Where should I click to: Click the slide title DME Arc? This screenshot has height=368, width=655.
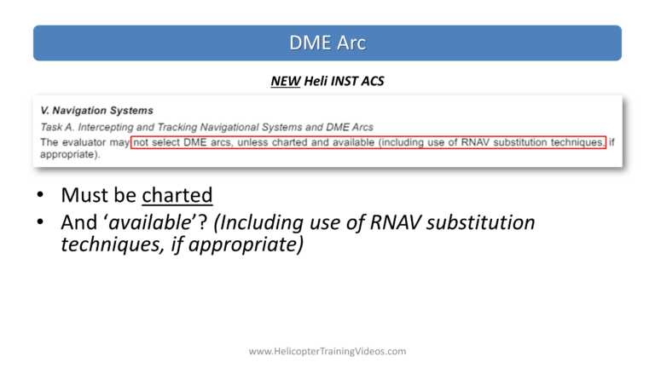pos(327,43)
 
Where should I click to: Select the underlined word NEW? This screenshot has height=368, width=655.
pos(286,81)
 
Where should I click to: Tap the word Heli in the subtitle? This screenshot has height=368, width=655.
pos(316,81)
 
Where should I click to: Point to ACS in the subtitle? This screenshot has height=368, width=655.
pos(373,81)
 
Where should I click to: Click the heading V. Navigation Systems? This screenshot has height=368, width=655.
pos(96,111)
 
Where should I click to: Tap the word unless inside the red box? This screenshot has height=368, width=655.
pos(252,142)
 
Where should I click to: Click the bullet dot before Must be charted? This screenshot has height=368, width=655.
pos(40,194)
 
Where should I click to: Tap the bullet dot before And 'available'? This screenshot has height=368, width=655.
pos(40,221)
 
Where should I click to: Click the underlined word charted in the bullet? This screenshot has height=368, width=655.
pos(177,195)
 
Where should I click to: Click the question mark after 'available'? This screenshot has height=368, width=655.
pos(203,222)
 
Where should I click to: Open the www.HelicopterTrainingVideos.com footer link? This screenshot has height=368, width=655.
pos(327,351)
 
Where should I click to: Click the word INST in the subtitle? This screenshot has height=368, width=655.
pos(344,81)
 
